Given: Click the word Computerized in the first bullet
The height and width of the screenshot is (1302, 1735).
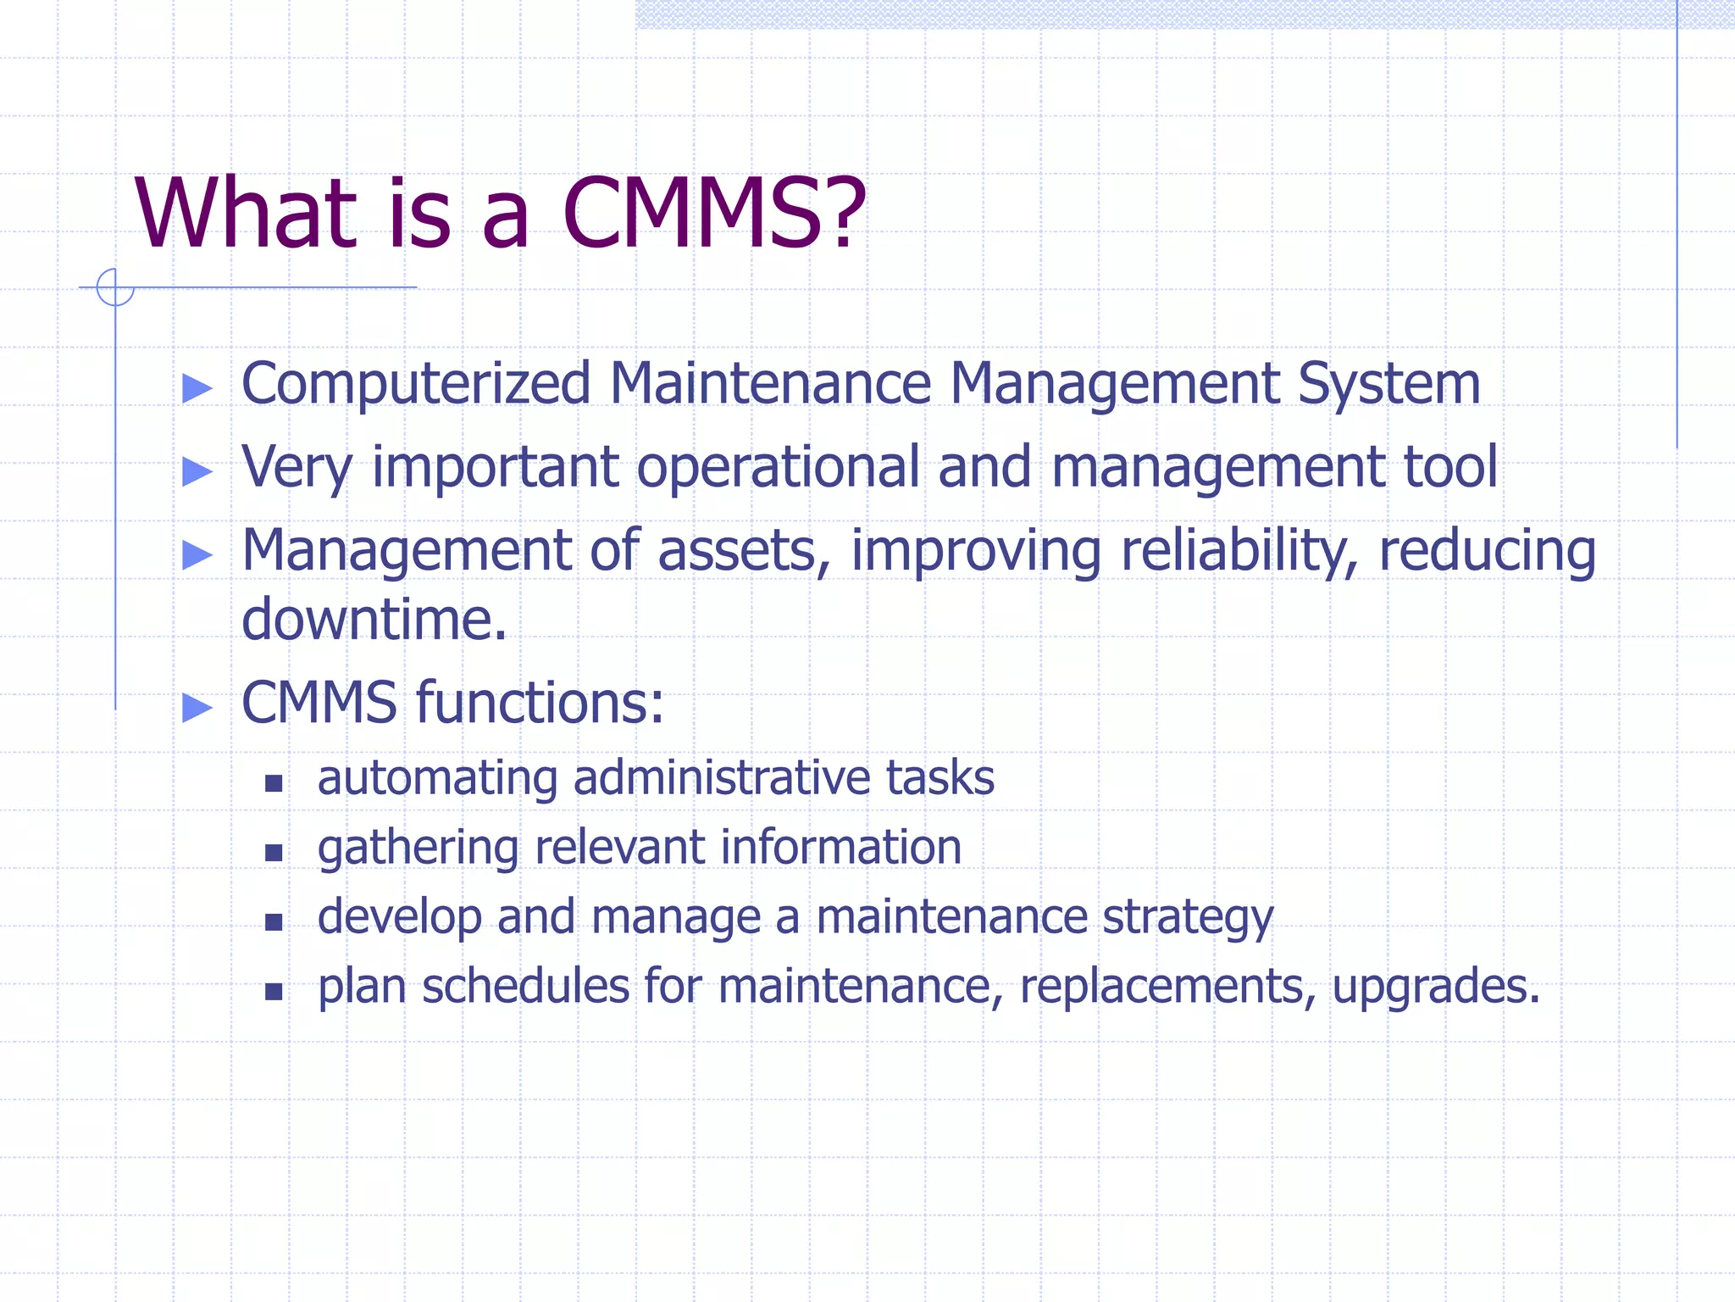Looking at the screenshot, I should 416,384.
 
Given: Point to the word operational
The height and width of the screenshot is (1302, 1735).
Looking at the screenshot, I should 778,468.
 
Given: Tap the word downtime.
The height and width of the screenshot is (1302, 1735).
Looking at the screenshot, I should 374,619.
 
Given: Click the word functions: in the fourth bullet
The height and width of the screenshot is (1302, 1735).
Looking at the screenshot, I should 540,703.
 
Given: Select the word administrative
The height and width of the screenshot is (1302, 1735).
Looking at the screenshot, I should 722,777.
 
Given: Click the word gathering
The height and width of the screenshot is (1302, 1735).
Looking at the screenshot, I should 417,849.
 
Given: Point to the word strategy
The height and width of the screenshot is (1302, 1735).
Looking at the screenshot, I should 1187,918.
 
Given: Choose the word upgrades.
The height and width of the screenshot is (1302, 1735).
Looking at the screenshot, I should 1435,988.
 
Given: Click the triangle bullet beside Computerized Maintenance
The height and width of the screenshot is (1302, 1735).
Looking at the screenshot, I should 197,388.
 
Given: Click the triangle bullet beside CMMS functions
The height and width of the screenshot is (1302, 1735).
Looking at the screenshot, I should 197,707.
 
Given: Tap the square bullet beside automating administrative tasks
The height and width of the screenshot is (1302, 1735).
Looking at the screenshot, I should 273,782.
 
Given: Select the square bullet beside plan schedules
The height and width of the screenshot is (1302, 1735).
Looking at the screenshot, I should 273,991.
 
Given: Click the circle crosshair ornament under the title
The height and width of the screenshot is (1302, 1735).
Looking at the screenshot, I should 115,287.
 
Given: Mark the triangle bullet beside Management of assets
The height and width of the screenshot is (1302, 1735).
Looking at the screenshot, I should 197,554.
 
